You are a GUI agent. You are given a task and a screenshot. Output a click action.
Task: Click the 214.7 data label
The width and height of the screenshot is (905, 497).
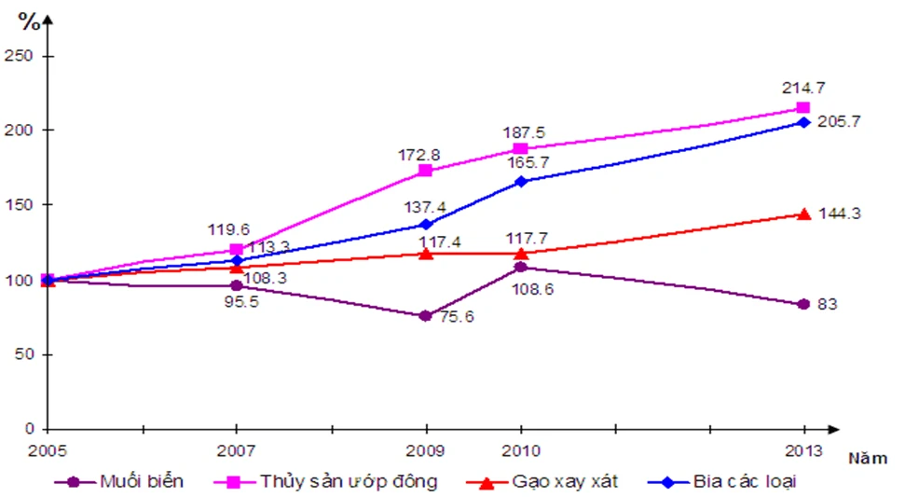click(802, 88)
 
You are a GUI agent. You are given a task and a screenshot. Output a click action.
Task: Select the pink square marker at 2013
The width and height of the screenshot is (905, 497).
click(803, 108)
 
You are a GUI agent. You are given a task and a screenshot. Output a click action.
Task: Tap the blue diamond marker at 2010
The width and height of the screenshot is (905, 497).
click(520, 181)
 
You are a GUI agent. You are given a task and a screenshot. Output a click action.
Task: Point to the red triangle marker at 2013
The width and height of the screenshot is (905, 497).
click(803, 214)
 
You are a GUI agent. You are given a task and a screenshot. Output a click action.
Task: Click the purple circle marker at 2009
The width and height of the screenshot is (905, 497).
click(426, 316)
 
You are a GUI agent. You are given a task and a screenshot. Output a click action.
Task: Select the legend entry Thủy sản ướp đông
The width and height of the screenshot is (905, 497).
click(348, 482)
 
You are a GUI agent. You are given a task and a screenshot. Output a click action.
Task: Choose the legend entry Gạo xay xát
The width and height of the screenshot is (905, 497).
click(564, 482)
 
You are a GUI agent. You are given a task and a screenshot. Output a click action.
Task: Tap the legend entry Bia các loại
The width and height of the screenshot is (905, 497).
click(745, 482)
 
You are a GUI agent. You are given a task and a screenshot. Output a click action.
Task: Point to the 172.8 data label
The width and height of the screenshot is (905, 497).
click(427, 151)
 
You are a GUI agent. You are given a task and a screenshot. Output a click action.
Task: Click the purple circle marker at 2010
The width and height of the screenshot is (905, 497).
click(520, 268)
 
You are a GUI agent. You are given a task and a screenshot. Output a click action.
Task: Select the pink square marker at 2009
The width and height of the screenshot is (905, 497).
click(426, 171)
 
